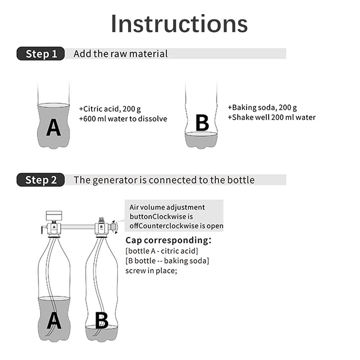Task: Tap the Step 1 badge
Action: click(41, 54)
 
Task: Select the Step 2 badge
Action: click(41, 180)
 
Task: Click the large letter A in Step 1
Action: click(53, 128)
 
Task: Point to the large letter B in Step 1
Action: click(202, 123)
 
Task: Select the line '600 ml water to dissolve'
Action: click(123, 119)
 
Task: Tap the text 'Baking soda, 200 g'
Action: click(262, 107)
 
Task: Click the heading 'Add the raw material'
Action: click(121, 54)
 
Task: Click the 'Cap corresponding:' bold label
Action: click(168, 240)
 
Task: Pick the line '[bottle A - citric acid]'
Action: click(162, 251)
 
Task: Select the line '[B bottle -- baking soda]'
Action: click(167, 261)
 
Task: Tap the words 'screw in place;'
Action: click(151, 270)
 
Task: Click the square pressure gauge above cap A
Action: click(54, 216)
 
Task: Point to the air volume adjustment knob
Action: click(113, 227)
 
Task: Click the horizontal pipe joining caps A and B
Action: click(77, 227)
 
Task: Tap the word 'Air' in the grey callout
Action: click(135, 207)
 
